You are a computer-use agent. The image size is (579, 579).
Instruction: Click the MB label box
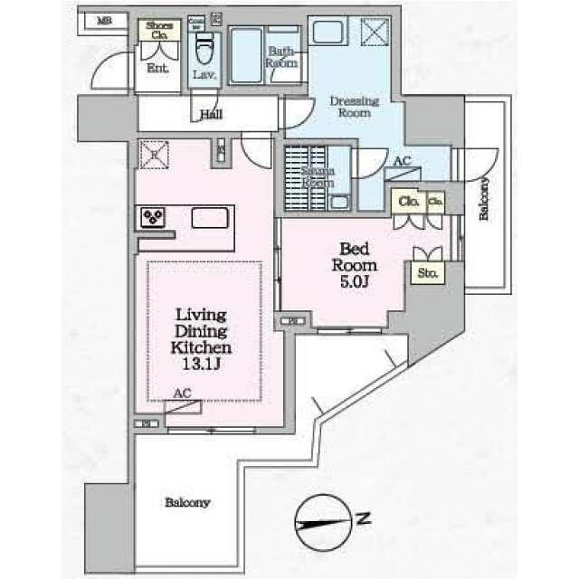click(105, 19)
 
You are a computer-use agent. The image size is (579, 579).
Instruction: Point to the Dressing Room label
click(353, 107)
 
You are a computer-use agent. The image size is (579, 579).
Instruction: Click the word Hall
click(212, 116)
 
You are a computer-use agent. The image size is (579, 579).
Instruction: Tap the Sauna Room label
click(318, 176)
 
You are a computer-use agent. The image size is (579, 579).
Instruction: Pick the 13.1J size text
click(204, 363)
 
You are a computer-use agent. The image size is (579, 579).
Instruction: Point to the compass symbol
click(320, 522)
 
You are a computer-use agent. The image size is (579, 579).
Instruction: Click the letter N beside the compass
click(363, 518)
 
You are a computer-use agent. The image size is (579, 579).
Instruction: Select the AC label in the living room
click(183, 394)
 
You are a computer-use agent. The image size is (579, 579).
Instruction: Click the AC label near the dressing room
click(401, 163)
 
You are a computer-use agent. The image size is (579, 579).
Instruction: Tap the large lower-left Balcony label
click(187, 502)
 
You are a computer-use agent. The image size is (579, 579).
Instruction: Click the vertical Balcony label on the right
click(484, 200)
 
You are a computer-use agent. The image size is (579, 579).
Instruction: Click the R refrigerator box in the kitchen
click(153, 154)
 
